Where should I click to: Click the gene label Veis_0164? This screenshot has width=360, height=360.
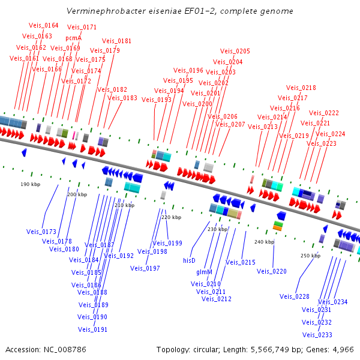pos(44,25)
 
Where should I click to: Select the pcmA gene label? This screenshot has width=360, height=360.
pos(73,37)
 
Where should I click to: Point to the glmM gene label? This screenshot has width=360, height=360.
pos(205,272)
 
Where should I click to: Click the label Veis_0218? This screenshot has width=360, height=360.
pos(301,88)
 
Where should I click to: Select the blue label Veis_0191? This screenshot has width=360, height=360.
pos(92,329)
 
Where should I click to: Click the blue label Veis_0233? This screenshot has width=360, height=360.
pos(317,335)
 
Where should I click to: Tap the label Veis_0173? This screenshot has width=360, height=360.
pos(41,232)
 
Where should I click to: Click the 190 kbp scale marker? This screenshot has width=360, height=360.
pos(30,184)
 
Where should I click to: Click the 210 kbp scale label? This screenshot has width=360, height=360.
pos(124,205)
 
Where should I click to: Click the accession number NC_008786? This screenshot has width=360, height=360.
pos(65,349)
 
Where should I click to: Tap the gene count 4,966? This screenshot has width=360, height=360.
pos(341,349)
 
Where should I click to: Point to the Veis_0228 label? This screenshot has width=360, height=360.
pos(295,296)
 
